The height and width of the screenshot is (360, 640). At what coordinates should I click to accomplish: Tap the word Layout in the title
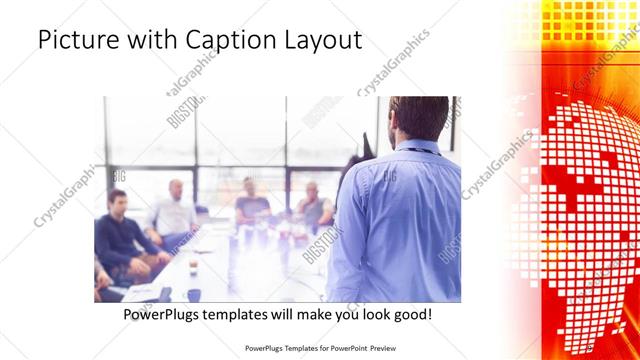tap(321, 41)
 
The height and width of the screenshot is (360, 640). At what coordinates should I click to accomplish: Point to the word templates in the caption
tap(248, 315)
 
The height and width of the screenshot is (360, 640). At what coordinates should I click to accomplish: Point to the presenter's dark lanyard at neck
tap(420, 149)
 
